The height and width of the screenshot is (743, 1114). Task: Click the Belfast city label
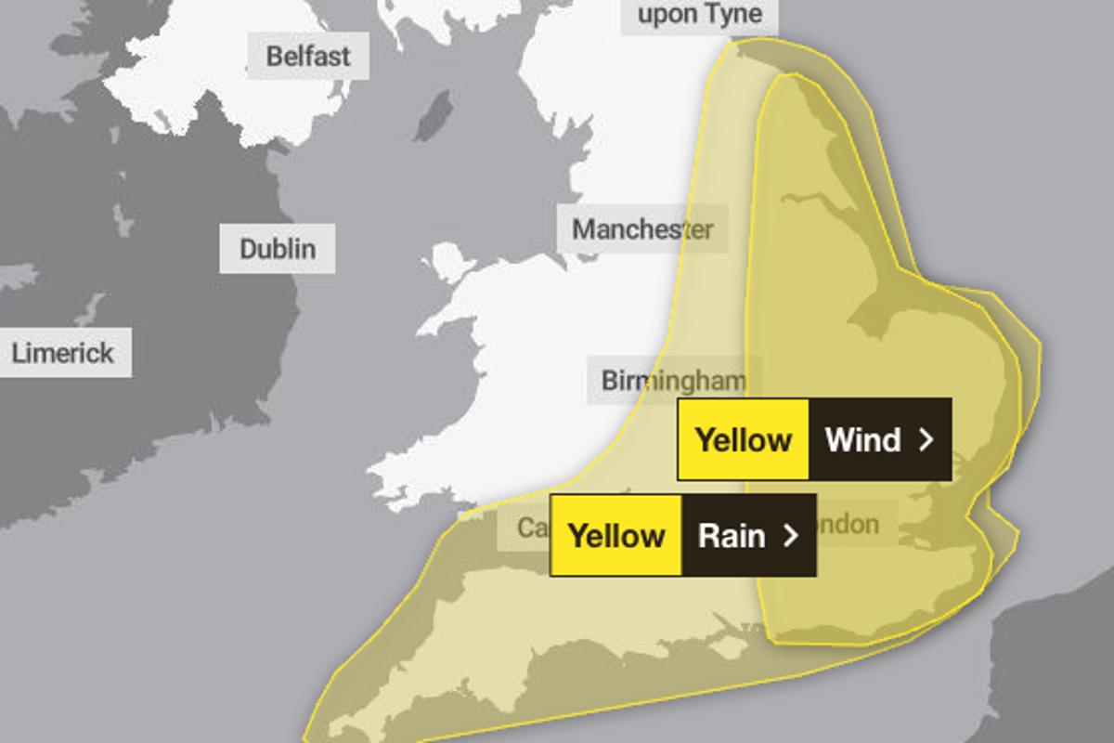click(308, 56)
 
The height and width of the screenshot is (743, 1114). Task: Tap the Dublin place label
click(277, 249)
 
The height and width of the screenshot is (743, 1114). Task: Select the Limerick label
click(63, 353)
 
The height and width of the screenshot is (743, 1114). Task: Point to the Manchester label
click(641, 229)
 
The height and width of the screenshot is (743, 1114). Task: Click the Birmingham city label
click(673, 380)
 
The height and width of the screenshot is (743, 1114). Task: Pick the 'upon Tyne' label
click(699, 15)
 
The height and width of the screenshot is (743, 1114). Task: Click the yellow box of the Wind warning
click(743, 439)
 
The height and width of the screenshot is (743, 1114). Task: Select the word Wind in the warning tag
click(862, 439)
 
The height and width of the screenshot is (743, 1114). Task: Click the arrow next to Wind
click(926, 439)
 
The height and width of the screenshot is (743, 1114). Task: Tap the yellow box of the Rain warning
click(615, 536)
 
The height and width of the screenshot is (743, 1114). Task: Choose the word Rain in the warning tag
click(732, 536)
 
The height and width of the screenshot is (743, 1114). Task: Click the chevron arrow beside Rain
click(791, 536)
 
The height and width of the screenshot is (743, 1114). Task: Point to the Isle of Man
click(433, 115)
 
